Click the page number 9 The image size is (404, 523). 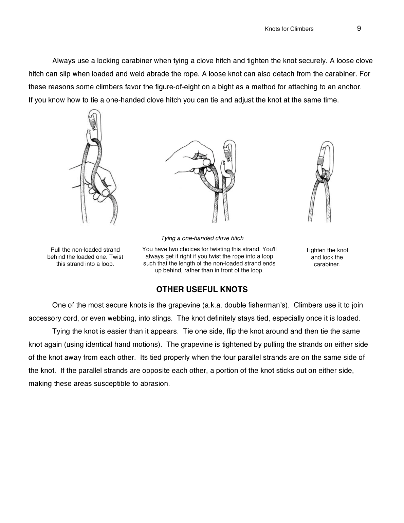click(359, 29)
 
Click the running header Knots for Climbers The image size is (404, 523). click(289, 29)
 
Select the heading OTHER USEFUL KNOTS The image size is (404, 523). click(202, 290)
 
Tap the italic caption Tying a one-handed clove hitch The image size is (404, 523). click(202, 238)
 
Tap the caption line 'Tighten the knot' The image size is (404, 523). click(327, 250)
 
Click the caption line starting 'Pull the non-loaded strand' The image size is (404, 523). click(85, 250)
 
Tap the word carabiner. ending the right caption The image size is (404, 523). click(327, 265)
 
